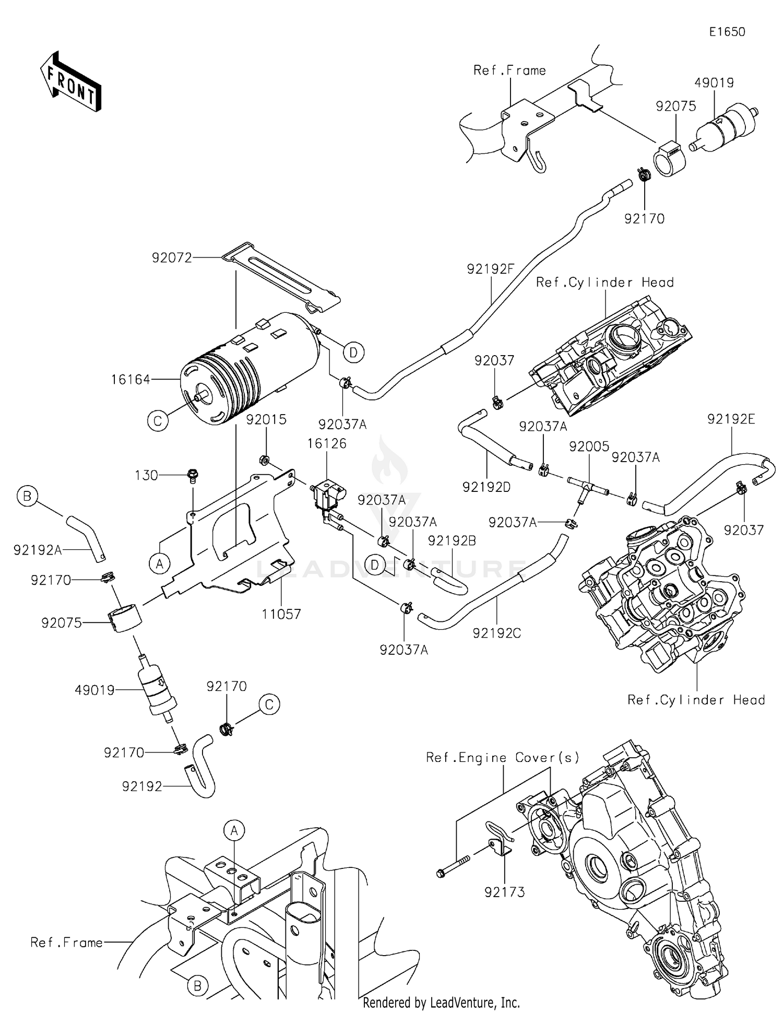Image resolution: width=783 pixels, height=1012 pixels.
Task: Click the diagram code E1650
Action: tap(727, 32)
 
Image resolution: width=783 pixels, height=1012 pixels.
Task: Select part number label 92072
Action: tap(172, 257)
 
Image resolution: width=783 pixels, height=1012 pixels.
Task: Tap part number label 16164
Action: tap(130, 380)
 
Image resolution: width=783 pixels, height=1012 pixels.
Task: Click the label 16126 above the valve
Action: tap(327, 443)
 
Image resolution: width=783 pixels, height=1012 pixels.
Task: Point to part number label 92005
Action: tap(589, 446)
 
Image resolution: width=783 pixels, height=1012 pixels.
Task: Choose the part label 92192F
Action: tap(491, 269)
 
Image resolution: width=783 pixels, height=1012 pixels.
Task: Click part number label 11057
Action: tap(281, 614)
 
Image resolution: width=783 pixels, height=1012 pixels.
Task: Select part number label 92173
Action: tap(504, 892)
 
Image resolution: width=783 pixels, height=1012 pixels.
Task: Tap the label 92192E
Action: tap(731, 419)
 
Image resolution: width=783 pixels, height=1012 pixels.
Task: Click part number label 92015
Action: tap(266, 419)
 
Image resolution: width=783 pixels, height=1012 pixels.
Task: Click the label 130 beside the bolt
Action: tap(146, 475)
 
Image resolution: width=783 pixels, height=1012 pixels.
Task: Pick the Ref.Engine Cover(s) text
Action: tap(503, 758)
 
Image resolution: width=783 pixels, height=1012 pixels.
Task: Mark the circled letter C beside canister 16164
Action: tap(158, 420)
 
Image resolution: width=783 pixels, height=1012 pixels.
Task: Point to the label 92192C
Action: tap(496, 633)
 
